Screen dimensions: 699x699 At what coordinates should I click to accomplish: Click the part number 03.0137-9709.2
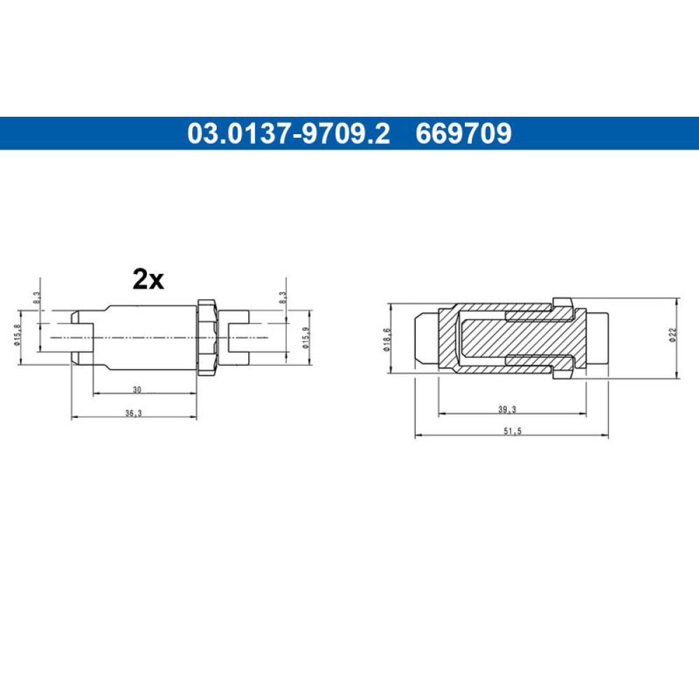[289, 134]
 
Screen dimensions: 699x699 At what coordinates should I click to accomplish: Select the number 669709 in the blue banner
[463, 134]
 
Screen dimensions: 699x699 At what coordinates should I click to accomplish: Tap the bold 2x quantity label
[148, 280]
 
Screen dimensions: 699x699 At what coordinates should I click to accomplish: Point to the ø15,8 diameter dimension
[17, 335]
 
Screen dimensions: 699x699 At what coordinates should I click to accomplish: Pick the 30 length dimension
[137, 389]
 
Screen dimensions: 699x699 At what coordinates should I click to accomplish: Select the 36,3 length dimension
[134, 413]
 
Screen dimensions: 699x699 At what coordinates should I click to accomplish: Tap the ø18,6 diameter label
[387, 339]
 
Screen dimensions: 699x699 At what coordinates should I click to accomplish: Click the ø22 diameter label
[672, 335]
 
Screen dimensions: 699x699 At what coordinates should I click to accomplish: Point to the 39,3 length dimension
[507, 409]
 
